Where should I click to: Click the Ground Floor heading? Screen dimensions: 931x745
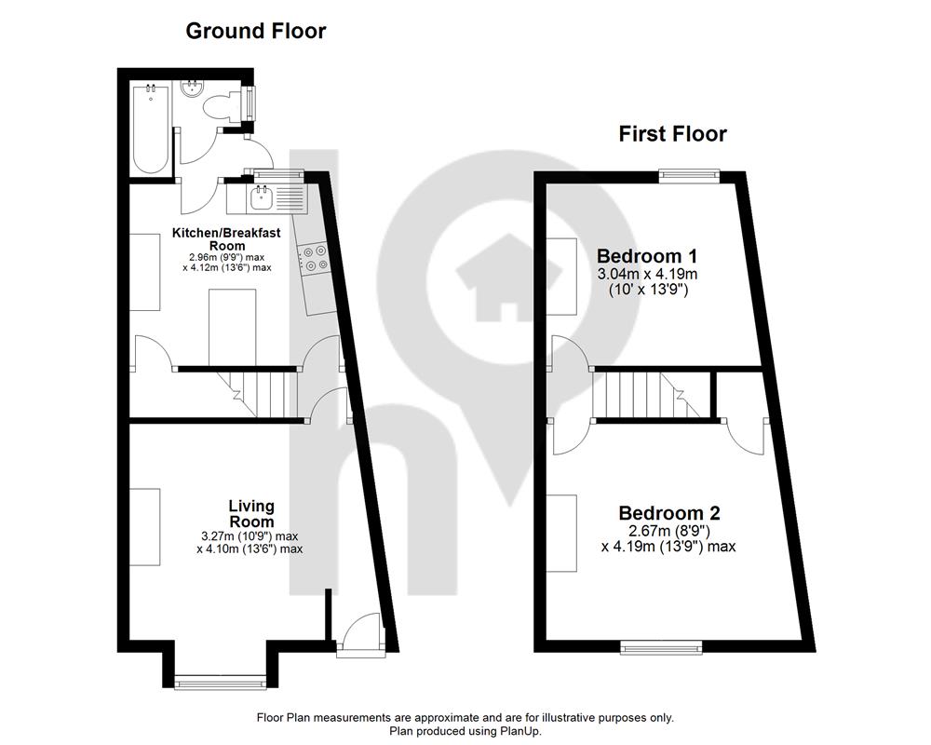coord(256,31)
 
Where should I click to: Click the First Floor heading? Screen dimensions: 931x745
coord(673,134)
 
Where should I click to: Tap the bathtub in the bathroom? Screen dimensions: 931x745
coord(151,129)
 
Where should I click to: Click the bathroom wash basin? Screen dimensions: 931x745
coord(193,89)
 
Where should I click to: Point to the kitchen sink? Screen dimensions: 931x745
coord(261,197)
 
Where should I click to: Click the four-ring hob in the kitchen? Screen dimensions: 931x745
coord(315,258)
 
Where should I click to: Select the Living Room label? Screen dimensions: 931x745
coord(251,514)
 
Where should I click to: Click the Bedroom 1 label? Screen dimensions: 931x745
coord(647,256)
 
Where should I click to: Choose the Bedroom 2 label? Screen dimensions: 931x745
coord(669,513)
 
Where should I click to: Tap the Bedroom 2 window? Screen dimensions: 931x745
coord(661,647)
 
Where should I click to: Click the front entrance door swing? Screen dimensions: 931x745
coord(359,630)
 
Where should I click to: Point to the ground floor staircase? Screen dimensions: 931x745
coord(257,394)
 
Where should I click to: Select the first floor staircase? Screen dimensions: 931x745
coord(653,395)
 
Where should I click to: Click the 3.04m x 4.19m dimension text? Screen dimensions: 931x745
coord(647,275)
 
